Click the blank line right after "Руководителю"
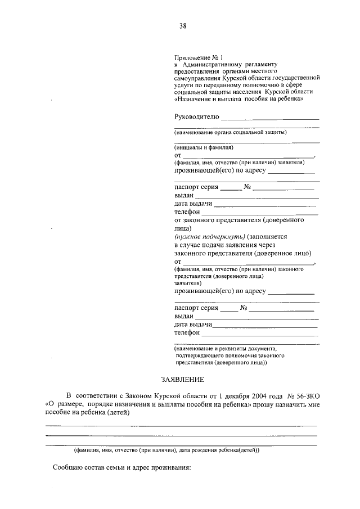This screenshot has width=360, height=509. pyautogui.click(x=270, y=118)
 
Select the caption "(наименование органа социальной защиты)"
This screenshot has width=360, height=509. pyautogui.click(x=231, y=133)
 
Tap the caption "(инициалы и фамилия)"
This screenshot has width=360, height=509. pyautogui.click(x=203, y=147)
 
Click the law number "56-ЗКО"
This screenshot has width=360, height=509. pyautogui.click(x=304, y=397)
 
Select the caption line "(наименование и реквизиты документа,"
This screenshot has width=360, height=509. pyautogui.click(x=226, y=348)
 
